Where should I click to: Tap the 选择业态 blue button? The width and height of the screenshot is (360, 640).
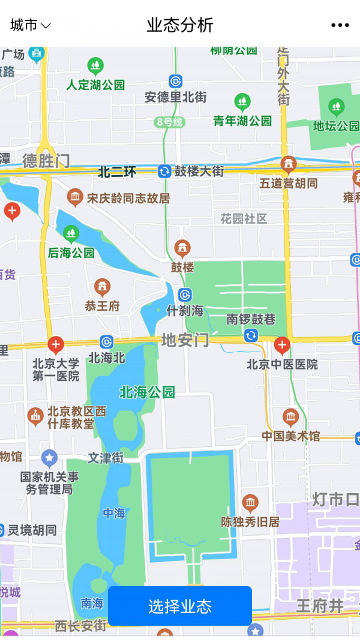(x=180, y=606)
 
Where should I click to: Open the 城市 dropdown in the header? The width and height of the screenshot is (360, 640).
(x=31, y=25)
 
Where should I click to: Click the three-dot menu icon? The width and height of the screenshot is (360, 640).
(x=340, y=25)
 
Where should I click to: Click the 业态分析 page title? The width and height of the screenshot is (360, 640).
(x=180, y=25)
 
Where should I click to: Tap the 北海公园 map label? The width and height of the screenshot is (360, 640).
(x=147, y=392)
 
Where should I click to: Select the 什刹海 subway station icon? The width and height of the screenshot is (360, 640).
(x=185, y=295)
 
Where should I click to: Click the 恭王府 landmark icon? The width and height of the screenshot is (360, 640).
(x=103, y=287)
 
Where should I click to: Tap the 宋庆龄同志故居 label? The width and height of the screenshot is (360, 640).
(x=128, y=198)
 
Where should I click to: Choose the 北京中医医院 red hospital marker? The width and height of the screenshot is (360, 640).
(x=282, y=345)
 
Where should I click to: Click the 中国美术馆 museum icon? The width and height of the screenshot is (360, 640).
(x=291, y=417)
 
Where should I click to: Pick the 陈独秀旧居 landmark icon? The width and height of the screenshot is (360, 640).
(x=250, y=503)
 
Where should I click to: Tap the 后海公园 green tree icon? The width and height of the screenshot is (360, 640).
(x=71, y=233)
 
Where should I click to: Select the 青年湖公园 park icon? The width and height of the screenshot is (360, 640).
(x=242, y=101)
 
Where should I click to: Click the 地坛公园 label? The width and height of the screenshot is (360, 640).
(x=336, y=126)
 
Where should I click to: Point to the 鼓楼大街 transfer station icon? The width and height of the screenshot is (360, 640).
(x=164, y=172)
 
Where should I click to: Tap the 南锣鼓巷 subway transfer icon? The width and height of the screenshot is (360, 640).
(x=251, y=336)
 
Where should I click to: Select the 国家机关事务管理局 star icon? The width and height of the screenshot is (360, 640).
(x=49, y=459)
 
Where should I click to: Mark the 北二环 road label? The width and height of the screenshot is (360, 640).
(x=117, y=173)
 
